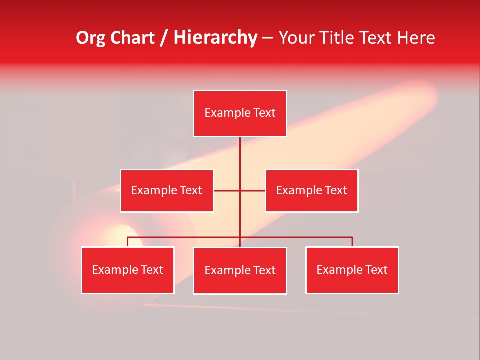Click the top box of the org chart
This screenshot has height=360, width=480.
coord(240,113)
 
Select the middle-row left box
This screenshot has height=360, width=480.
coord(167,190)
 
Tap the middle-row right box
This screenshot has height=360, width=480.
coord(311,190)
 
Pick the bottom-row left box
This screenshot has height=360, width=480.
coord(128,270)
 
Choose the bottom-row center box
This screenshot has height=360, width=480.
coord(240,270)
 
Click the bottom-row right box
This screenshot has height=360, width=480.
coord(352,270)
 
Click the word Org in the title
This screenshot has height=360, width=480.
coord(91,38)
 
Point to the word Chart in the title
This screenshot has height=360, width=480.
coord(132,38)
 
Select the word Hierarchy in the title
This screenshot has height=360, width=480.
coord(215,38)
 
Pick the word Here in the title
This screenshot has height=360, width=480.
coord(416,38)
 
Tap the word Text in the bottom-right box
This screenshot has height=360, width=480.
coord(377,270)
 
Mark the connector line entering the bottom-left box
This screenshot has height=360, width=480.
coord(128,242)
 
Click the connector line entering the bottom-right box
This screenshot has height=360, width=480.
coord(352,242)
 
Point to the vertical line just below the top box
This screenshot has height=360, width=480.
coord(240,150)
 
